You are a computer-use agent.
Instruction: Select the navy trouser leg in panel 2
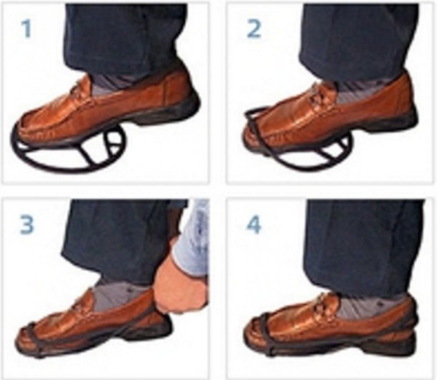(x=360, y=39)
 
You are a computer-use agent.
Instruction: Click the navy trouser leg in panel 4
(x=362, y=245)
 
